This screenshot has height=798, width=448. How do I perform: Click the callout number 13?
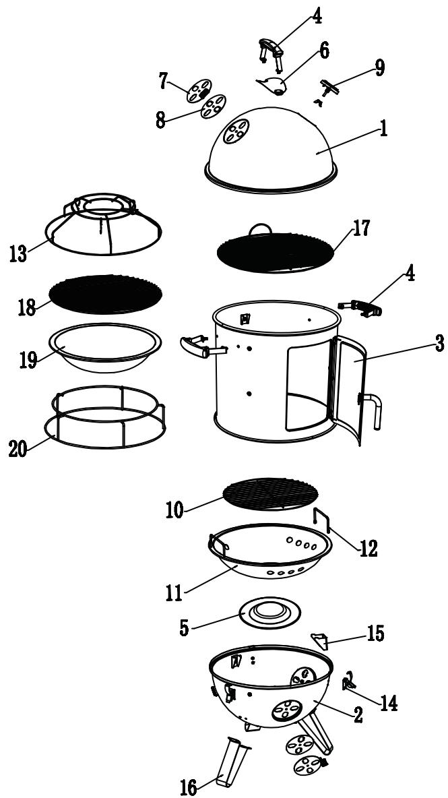(x=18, y=253)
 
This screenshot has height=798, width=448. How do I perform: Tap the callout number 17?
(x=362, y=228)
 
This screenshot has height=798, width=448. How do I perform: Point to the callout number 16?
(x=189, y=787)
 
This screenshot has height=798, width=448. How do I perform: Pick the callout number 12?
(x=368, y=547)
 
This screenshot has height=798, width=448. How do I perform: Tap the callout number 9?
(x=379, y=68)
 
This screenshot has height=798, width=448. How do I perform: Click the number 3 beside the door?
(x=439, y=344)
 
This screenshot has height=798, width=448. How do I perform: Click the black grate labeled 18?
(x=105, y=294)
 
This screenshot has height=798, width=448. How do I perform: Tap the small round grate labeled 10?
(x=271, y=493)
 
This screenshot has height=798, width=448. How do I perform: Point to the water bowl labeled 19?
(x=105, y=347)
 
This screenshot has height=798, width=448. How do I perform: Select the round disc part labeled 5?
(x=269, y=612)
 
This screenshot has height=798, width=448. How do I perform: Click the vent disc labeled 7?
(x=199, y=90)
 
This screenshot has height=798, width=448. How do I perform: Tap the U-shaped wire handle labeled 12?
(x=322, y=519)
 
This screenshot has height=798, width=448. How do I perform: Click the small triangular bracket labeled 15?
(x=320, y=640)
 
